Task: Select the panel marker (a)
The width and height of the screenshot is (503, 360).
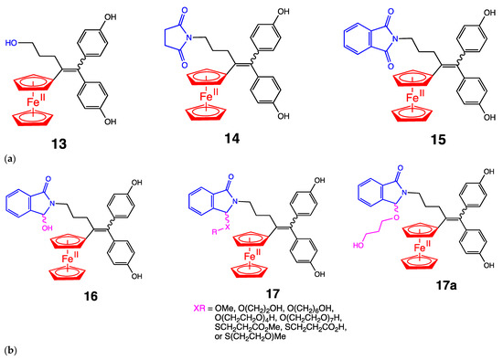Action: click(10, 158)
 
